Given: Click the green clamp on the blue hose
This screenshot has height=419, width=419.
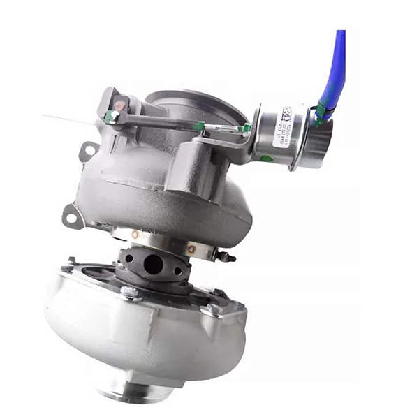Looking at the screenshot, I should tap(321, 111).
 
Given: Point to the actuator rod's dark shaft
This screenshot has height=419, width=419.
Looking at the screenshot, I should tap(161, 121).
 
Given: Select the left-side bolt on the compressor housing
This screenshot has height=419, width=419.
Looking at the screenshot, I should tap(70, 266).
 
